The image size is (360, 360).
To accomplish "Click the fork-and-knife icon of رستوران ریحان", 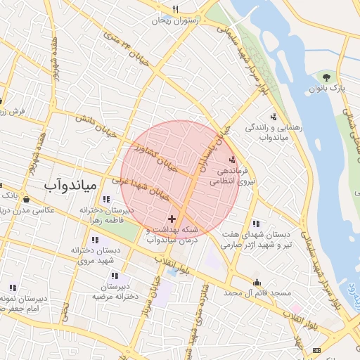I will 175,9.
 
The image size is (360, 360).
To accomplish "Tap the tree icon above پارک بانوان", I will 326,76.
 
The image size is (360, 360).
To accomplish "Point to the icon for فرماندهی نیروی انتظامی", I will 233,160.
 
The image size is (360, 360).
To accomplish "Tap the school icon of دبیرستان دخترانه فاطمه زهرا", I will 106,199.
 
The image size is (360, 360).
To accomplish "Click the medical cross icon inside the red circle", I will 172,220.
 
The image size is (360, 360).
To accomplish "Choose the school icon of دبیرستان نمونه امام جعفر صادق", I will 13,288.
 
